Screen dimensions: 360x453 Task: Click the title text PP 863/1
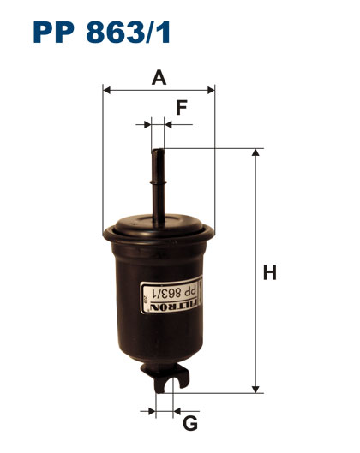point(101,32)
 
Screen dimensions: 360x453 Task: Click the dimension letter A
point(159,78)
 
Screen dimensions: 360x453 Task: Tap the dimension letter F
point(182,108)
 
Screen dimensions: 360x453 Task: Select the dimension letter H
point(269,272)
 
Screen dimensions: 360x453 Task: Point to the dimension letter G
point(190,424)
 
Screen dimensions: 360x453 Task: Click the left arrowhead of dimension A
point(106,90)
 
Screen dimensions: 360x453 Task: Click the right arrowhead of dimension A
point(211,90)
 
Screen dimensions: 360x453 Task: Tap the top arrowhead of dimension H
point(255,152)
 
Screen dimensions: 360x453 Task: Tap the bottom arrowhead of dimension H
point(255,389)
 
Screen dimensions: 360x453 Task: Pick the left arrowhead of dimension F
point(147,125)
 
